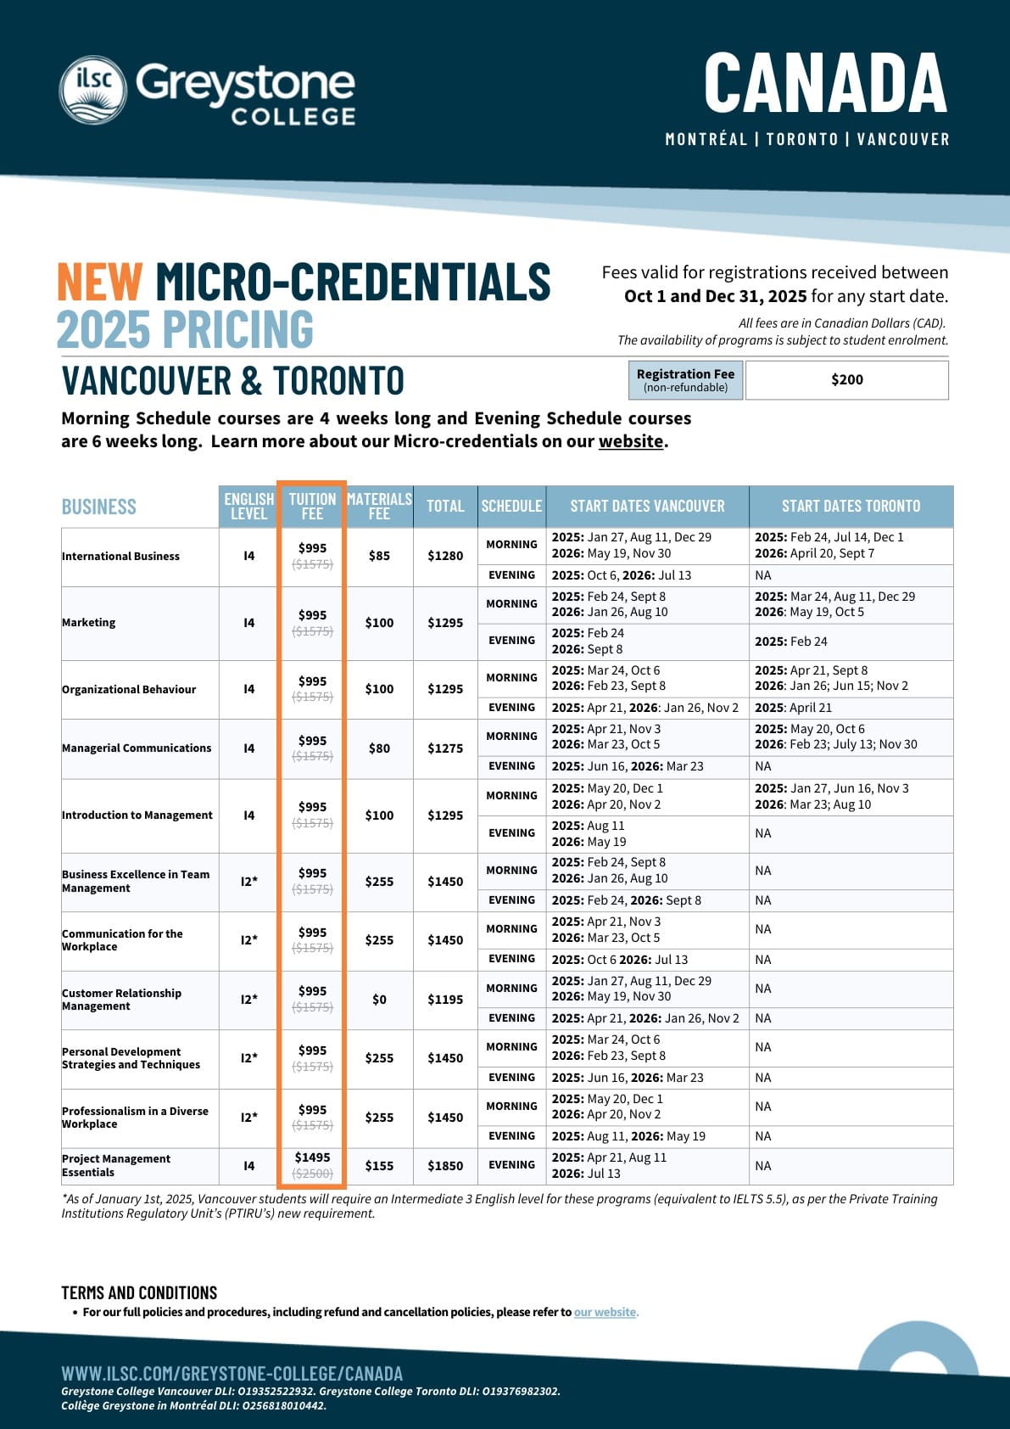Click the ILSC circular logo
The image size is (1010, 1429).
(x=93, y=89)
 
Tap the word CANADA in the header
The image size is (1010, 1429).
(x=824, y=82)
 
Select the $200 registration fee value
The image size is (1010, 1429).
(x=846, y=380)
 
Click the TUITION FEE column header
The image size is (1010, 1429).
(x=312, y=506)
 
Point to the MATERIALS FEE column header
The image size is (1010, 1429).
(x=379, y=506)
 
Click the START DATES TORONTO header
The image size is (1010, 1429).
(x=851, y=507)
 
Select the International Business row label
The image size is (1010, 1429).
(x=121, y=557)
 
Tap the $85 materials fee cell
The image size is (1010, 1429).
(x=379, y=556)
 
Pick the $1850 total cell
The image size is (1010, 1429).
(x=445, y=1166)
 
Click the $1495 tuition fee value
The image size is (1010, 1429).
(x=312, y=1157)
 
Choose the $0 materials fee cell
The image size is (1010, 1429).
(x=379, y=1000)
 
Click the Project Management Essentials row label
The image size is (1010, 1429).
(x=116, y=1165)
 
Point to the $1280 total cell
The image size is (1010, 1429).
(x=445, y=556)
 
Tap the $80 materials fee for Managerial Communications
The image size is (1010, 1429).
(x=379, y=748)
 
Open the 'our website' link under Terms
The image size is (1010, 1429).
(x=605, y=1312)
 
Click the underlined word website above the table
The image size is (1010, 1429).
(x=631, y=441)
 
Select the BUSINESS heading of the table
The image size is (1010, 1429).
(x=99, y=507)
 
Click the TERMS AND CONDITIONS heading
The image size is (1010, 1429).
(x=139, y=1292)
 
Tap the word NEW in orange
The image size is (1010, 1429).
(x=99, y=283)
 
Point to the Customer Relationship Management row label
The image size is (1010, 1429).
(x=121, y=1000)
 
